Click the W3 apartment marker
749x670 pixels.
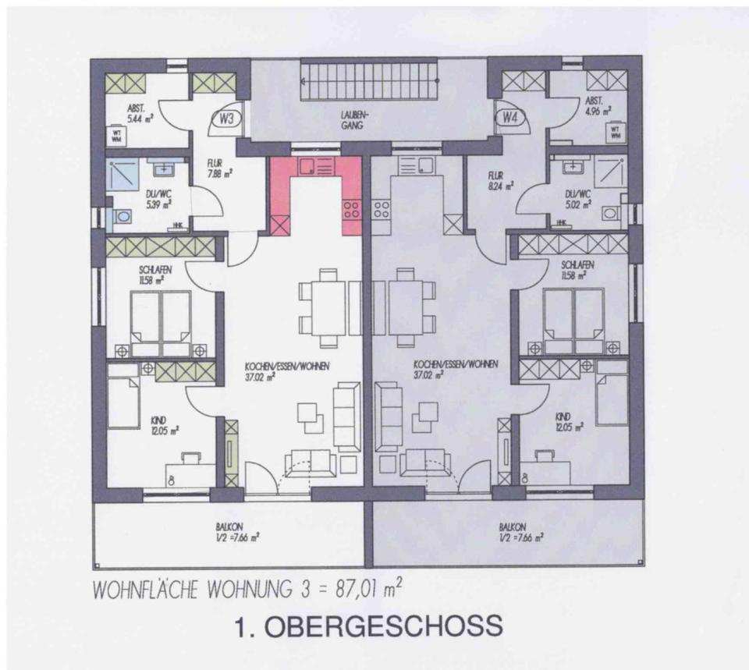click(x=227, y=119)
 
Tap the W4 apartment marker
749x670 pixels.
click(x=510, y=119)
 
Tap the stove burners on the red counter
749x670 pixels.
click(x=351, y=208)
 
